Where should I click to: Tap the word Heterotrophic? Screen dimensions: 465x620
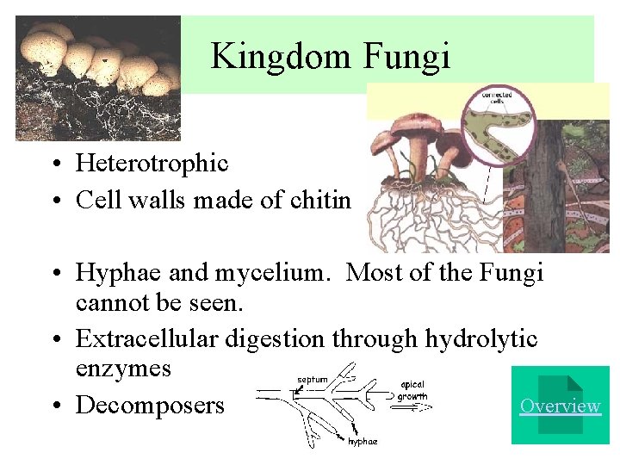(152, 163)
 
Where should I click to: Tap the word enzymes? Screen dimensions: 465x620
(123, 369)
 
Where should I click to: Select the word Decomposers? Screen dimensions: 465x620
(150, 405)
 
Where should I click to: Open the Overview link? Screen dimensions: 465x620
(560, 406)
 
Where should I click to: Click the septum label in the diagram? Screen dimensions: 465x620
(312, 379)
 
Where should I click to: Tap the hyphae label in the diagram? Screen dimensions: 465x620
(362, 442)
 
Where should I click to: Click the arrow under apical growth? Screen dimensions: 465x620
(407, 409)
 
